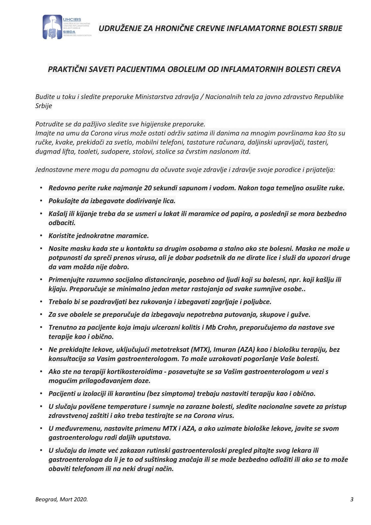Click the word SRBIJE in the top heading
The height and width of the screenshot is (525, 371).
330,28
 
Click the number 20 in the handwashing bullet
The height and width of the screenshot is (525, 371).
148,188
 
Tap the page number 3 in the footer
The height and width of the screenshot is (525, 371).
352,499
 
